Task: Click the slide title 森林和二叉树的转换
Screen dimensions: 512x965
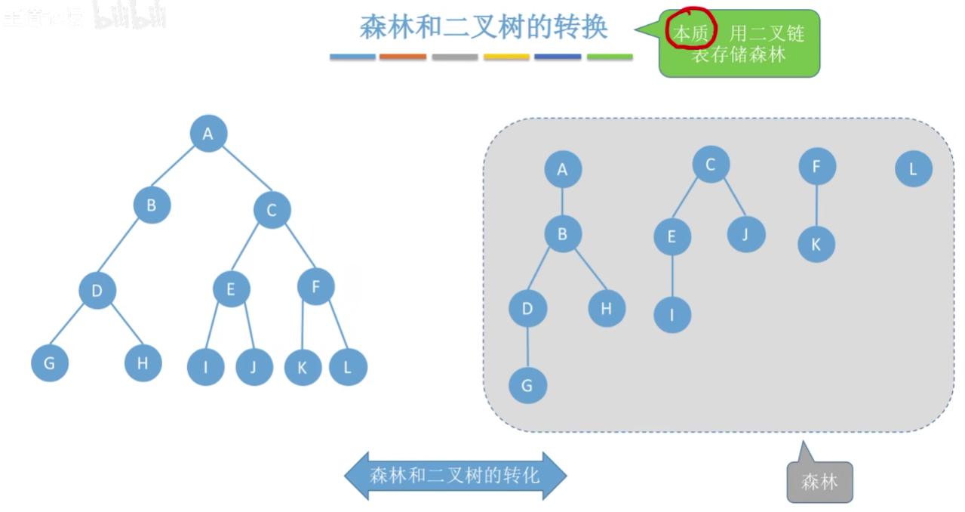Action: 484,28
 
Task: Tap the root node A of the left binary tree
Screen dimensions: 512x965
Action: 208,134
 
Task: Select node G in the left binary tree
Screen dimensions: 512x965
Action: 50,363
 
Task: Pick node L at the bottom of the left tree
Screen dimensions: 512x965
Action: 348,368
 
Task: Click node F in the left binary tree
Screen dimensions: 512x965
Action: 315,287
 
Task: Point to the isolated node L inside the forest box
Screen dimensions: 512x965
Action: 913,169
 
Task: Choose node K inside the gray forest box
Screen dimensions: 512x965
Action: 816,244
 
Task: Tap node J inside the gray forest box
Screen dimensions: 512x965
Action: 745,234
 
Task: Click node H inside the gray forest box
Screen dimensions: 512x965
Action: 607,308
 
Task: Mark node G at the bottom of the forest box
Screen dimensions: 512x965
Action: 527,385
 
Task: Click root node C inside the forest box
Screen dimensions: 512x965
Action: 710,165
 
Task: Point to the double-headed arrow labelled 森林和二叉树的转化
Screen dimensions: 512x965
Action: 455,476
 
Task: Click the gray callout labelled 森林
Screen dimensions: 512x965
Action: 819,482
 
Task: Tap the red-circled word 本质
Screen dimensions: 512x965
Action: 691,33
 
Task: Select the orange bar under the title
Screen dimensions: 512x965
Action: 403,57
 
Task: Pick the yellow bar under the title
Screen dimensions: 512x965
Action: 506,57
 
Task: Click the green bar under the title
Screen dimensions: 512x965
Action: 610,57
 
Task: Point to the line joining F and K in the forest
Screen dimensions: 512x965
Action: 816,205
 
